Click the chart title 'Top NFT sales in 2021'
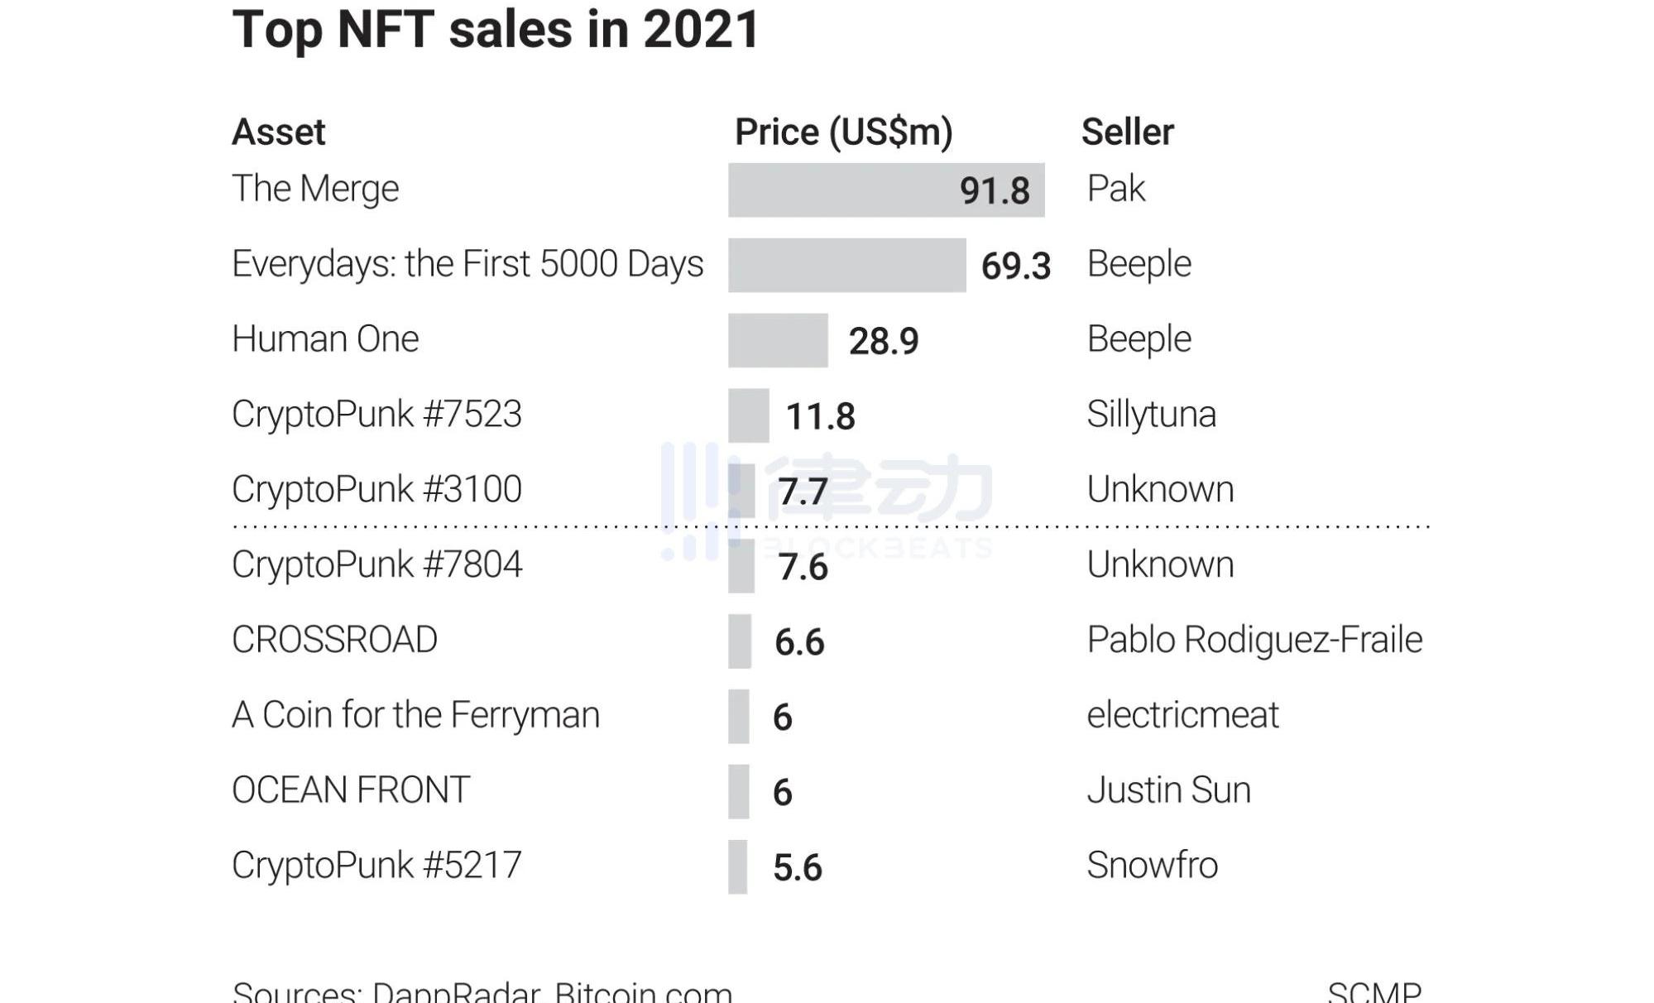point(495,30)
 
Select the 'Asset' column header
point(279,132)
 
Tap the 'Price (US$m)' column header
point(843,132)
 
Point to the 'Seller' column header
point(1127,132)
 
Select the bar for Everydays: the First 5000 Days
point(846,266)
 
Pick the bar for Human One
point(778,340)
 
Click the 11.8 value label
point(820,416)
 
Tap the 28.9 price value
point(883,341)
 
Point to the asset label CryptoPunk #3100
point(376,489)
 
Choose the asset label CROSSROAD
point(334,640)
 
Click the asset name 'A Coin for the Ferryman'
point(415,715)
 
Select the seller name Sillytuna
point(1151,415)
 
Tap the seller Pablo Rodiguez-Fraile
point(1254,640)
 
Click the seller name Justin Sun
point(1168,790)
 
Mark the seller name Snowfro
point(1152,866)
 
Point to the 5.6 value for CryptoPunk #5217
point(797,868)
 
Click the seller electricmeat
point(1182,715)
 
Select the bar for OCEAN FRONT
point(739,792)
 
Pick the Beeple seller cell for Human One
point(1139,339)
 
